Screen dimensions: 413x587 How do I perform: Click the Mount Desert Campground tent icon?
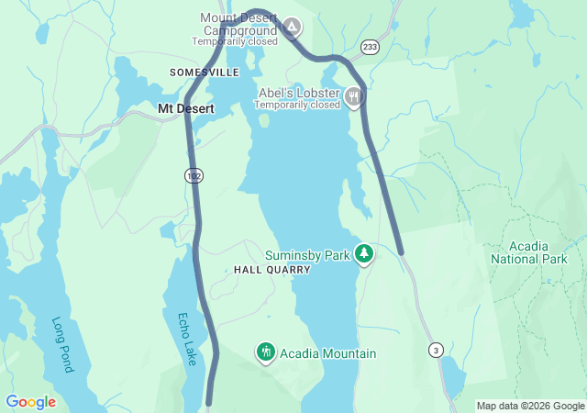292,28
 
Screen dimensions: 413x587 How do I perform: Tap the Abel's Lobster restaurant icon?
354,96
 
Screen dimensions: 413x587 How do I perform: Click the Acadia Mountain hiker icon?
265,352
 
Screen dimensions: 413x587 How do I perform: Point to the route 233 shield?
369,46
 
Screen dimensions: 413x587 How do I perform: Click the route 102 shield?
191,174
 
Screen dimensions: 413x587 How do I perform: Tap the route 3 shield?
436,349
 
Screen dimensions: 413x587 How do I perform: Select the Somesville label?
204,73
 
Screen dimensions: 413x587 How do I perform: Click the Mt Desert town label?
186,108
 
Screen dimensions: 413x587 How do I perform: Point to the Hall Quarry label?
272,271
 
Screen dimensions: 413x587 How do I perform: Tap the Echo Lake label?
187,340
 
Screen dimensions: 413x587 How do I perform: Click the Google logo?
30,402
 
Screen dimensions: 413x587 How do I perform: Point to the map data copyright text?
530,406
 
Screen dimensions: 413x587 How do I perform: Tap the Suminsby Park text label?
309,254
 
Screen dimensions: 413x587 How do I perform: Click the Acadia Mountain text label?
327,353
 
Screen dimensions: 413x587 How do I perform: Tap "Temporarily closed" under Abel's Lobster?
297,105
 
